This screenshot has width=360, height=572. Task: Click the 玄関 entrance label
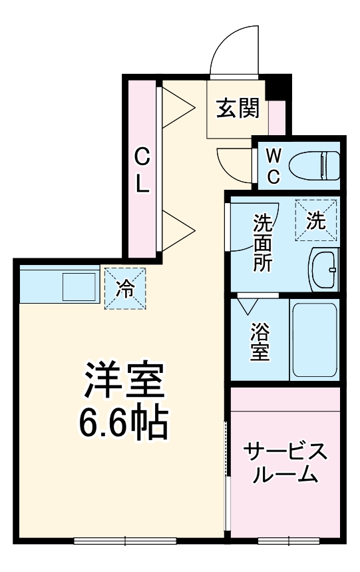pos(238,107)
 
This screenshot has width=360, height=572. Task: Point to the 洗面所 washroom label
pos(262,241)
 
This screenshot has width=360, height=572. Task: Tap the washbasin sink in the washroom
pos(324,270)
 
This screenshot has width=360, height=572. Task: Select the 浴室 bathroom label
pos(260,341)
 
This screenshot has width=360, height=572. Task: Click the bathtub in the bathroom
pos(315,340)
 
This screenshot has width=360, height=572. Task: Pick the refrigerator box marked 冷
pos(124,288)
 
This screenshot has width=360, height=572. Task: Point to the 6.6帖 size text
pos(123,421)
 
